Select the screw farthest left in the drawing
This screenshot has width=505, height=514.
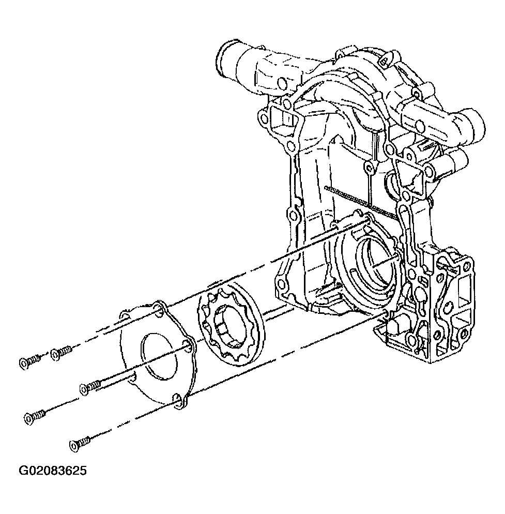[x=29, y=362]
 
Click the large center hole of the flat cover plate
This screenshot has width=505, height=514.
[x=159, y=357]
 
